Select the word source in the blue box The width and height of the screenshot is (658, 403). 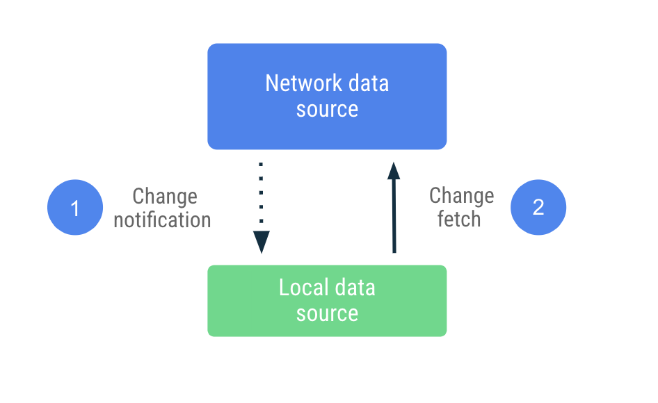327,110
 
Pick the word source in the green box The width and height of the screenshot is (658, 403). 327,313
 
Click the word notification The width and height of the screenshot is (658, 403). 162,220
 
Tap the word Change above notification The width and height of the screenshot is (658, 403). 165,197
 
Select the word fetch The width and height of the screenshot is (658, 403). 459,220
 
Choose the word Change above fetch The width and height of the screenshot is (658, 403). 461,196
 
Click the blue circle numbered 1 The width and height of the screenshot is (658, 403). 75,208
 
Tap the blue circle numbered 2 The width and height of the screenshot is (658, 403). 538,208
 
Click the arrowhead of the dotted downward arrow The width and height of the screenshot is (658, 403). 262,242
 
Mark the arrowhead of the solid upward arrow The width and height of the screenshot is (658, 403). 394,170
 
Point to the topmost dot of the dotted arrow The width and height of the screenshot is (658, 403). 261,165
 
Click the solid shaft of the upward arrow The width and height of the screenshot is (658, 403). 394,215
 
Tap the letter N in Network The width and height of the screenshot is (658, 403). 272,83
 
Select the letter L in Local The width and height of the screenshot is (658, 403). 284,288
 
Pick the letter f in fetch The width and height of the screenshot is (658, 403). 440,220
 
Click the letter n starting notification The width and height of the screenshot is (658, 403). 119,221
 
